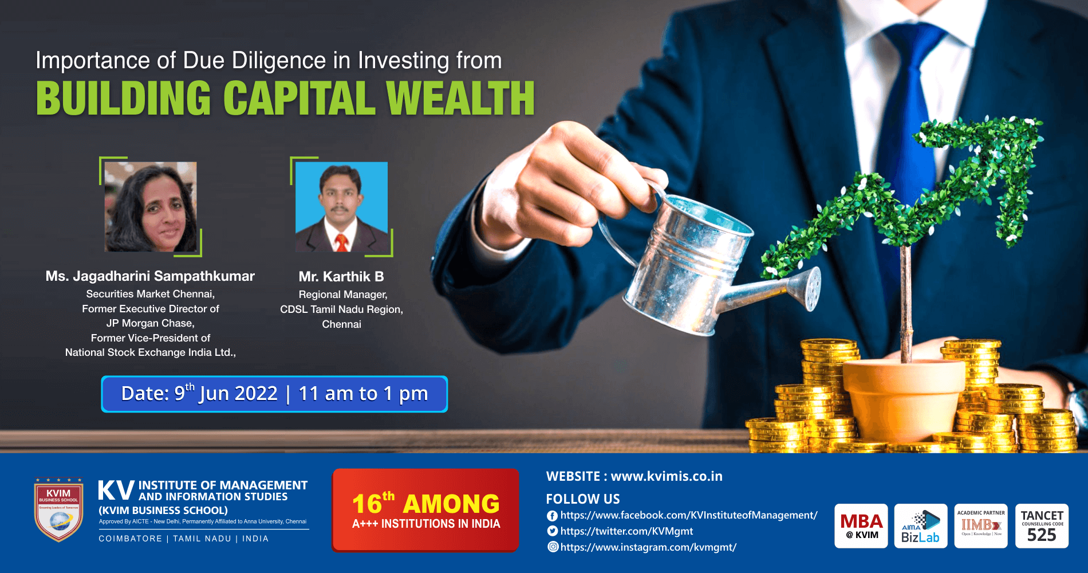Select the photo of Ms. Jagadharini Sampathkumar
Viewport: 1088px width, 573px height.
pos(151,207)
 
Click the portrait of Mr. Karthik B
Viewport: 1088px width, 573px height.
pos(341,207)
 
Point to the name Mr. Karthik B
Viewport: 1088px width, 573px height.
pos(341,277)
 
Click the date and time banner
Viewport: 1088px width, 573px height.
pos(274,394)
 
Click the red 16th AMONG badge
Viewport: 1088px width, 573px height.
pos(425,510)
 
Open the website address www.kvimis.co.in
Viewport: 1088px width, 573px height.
pos(667,476)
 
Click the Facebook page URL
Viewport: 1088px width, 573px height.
pos(688,515)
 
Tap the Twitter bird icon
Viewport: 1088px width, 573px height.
pos(553,531)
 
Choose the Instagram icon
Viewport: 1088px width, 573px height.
pos(553,547)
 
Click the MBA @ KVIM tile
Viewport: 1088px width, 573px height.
pos(861,526)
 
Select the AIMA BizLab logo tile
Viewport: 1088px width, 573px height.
pos(921,526)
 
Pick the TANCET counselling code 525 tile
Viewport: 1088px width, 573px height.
pos(1042,526)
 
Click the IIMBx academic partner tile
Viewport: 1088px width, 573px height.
pos(981,526)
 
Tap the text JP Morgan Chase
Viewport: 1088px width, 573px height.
pos(150,323)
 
